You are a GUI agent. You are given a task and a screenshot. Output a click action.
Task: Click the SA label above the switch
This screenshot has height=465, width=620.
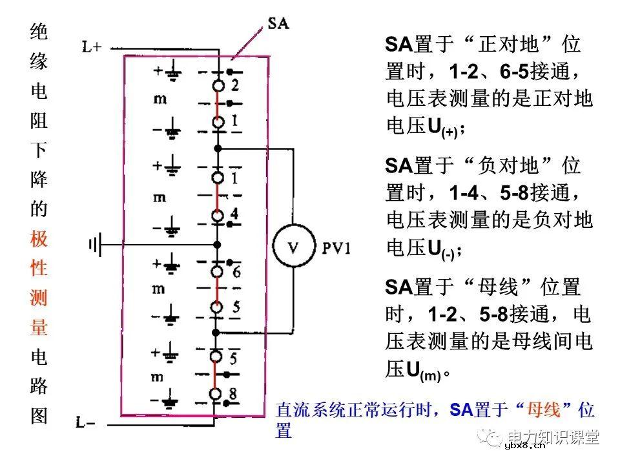278,25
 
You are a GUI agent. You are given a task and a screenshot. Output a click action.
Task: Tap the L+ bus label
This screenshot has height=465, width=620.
92,46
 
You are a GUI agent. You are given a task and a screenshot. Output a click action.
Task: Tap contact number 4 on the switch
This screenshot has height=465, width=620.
234,214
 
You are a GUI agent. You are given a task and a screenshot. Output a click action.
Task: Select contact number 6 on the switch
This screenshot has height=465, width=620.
236,273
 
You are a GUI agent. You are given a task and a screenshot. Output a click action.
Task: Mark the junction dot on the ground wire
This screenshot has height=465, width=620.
218,244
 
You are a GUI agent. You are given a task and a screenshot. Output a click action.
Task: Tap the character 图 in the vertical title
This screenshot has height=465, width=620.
39,415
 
